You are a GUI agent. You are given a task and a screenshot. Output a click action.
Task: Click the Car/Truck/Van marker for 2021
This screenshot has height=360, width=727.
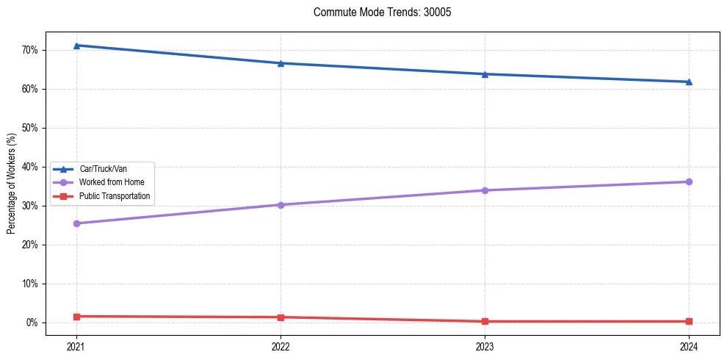[x=76, y=46]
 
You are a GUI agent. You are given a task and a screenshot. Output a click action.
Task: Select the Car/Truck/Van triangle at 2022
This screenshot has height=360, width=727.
[x=281, y=63]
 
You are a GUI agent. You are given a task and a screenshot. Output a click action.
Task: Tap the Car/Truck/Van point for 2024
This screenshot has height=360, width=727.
[x=689, y=82]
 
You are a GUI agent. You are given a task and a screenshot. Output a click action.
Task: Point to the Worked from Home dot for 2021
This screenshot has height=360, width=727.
[x=76, y=223]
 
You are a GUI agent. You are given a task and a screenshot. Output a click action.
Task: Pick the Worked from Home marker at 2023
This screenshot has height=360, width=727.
[x=485, y=190]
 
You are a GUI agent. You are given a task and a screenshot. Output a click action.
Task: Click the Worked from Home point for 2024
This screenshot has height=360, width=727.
[x=689, y=181]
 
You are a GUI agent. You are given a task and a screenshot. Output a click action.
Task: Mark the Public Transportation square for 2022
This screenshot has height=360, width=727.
[x=281, y=317]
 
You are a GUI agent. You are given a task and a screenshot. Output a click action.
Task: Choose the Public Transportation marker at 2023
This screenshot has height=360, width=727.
[x=485, y=321]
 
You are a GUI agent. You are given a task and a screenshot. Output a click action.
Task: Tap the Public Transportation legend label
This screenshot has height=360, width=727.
[x=115, y=196]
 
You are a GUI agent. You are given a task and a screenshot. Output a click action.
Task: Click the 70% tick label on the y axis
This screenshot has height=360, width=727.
[x=29, y=50]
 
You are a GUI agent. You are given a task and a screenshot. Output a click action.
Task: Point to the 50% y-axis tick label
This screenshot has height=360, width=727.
[x=29, y=128]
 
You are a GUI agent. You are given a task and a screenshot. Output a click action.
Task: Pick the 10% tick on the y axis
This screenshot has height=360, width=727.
[x=29, y=284]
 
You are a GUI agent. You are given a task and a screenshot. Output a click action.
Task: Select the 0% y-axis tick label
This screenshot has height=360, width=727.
[x=32, y=323]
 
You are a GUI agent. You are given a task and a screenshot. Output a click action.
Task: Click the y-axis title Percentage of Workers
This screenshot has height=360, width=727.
[x=11, y=184]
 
